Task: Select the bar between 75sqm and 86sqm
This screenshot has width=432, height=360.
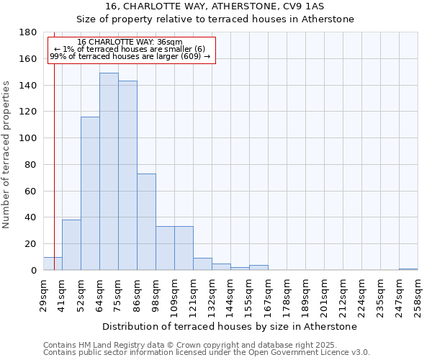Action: [x=127, y=176]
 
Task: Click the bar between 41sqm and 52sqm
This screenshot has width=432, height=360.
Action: [x=71, y=245]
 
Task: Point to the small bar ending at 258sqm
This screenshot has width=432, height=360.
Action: [x=408, y=269]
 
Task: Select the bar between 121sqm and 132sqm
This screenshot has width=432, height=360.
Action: [x=202, y=264]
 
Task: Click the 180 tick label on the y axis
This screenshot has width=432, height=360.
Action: [x=28, y=32]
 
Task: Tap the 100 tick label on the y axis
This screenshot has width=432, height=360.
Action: [x=28, y=138]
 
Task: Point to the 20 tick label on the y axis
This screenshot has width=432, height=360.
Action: [x=31, y=244]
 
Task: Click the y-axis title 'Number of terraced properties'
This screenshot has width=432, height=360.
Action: [x=7, y=155]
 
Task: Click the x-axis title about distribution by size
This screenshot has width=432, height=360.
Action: [x=230, y=326]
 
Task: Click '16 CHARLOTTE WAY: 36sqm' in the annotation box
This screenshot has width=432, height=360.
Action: [x=130, y=42]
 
